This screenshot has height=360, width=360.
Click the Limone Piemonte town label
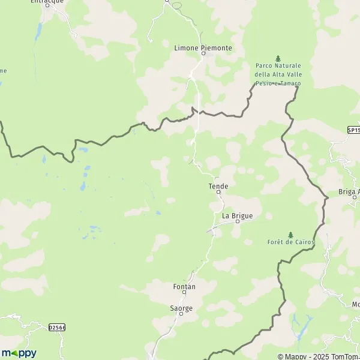click(202, 47)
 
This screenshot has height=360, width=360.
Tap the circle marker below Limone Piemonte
click(203, 54)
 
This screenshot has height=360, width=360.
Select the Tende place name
click(218, 186)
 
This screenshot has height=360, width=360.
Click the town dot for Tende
click(218, 193)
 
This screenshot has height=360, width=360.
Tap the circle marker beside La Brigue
click(237, 221)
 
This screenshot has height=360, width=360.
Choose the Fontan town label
click(184, 286)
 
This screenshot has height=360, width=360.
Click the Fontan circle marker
click(184, 293)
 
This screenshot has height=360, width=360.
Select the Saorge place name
click(181, 307)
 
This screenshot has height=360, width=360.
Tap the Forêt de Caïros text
click(290, 242)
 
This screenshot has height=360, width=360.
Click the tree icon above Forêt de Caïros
click(290, 234)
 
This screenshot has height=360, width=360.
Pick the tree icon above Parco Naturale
click(277, 58)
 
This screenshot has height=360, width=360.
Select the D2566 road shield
click(56, 327)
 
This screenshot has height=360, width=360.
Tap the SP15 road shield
click(353, 130)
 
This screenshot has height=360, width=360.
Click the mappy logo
click(19, 353)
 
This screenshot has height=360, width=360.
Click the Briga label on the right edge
click(349, 191)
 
